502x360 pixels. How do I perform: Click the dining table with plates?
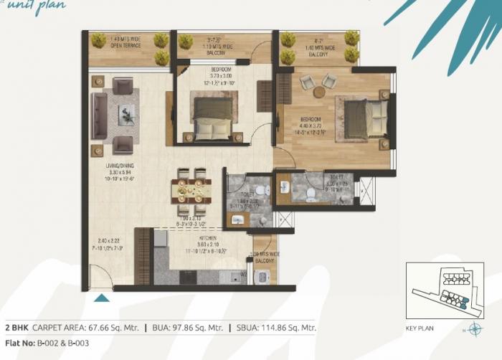pos(191,192)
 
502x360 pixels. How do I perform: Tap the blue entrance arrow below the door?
pos(103,298)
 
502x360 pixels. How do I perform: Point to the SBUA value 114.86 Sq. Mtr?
pos(288,328)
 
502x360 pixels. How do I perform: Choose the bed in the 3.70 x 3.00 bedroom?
pos(212,118)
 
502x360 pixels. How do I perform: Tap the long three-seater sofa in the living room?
pos(99,115)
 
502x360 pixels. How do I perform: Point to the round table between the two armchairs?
pos(318,92)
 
